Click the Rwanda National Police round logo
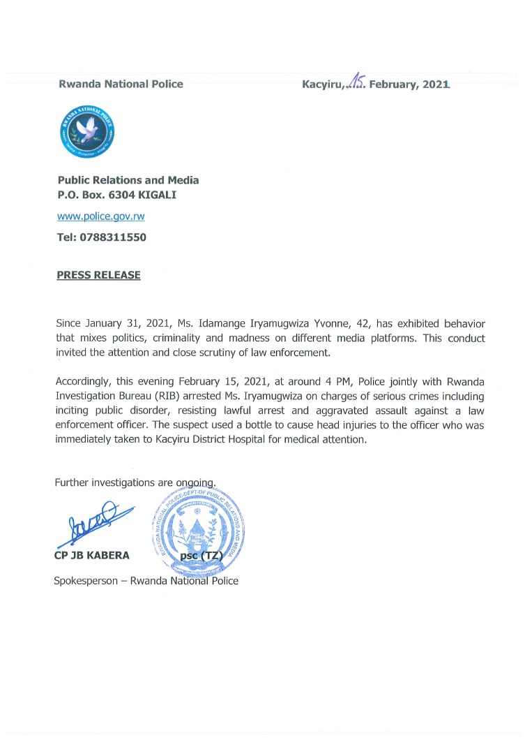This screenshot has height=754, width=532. tap(87, 132)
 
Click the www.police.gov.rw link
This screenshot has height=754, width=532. tap(100, 216)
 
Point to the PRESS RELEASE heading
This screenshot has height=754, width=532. tap(98, 275)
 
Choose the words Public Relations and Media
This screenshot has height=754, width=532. tap(128, 180)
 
